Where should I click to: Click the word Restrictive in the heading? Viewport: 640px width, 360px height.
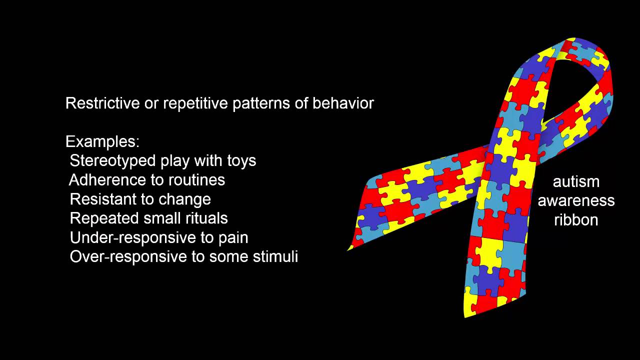pyautogui.click(x=102, y=103)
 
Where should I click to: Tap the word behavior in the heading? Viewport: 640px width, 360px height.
pyautogui.click(x=343, y=103)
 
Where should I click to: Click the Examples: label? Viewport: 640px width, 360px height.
pyautogui.click(x=102, y=142)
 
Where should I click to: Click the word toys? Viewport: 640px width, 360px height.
pyautogui.click(x=241, y=161)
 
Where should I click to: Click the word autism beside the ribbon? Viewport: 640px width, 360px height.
pyautogui.click(x=576, y=182)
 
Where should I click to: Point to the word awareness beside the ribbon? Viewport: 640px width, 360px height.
pyautogui.click(x=576, y=201)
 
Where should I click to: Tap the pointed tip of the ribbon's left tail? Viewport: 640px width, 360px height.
pyautogui.click(x=348, y=250)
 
